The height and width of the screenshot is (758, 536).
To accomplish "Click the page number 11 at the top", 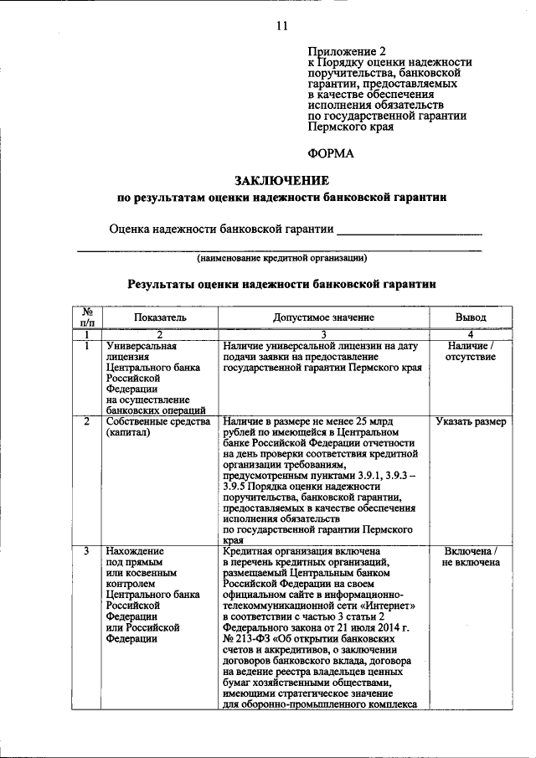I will click(281, 26).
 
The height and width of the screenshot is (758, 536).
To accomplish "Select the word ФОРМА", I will click(331, 153).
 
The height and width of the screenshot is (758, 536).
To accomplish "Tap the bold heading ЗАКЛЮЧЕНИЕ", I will click(281, 180).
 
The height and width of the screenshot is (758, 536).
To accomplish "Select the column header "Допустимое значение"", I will click(323, 318).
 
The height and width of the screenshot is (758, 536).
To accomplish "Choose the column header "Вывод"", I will click(470, 318).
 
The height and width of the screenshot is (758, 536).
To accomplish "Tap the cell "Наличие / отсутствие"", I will click(470, 351).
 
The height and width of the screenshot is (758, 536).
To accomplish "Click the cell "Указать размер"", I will click(470, 421).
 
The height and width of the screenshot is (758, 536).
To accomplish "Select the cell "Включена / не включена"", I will click(470, 556).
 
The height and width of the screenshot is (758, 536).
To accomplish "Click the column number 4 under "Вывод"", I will click(470, 335).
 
